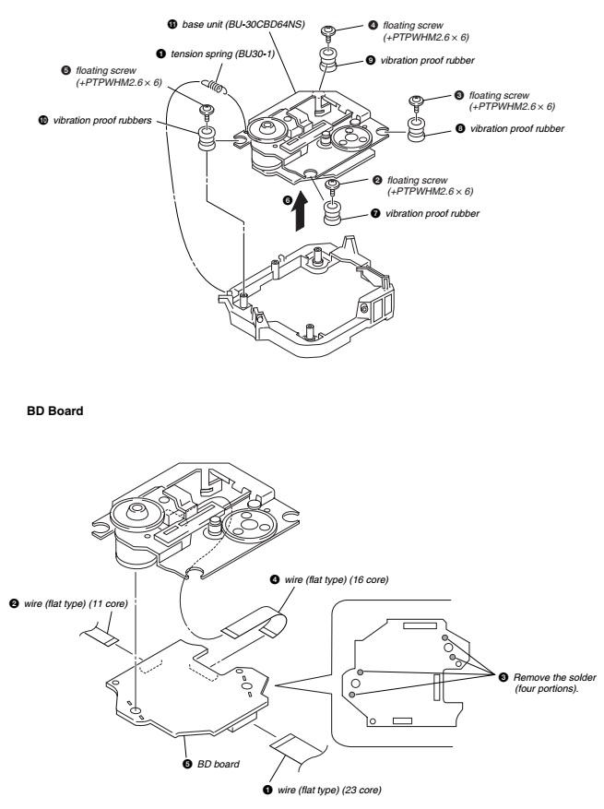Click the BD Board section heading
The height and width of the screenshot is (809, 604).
point(55,411)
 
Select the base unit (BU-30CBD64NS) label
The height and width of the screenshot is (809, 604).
point(243,24)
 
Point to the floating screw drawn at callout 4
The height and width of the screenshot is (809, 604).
point(328,32)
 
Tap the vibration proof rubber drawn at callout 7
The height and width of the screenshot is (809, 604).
point(333,212)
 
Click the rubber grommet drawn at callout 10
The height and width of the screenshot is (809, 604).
point(207,138)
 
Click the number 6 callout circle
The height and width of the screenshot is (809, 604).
point(288,201)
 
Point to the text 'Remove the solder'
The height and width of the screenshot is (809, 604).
point(554,677)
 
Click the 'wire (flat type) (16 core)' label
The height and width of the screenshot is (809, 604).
point(337,580)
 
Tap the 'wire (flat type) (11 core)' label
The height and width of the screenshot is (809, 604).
point(76,603)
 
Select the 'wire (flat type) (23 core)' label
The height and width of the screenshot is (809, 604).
point(329,790)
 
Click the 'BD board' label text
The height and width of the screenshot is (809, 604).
point(219,764)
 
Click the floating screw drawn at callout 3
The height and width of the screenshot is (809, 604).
point(416,101)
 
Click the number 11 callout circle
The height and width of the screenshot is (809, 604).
point(172,24)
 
